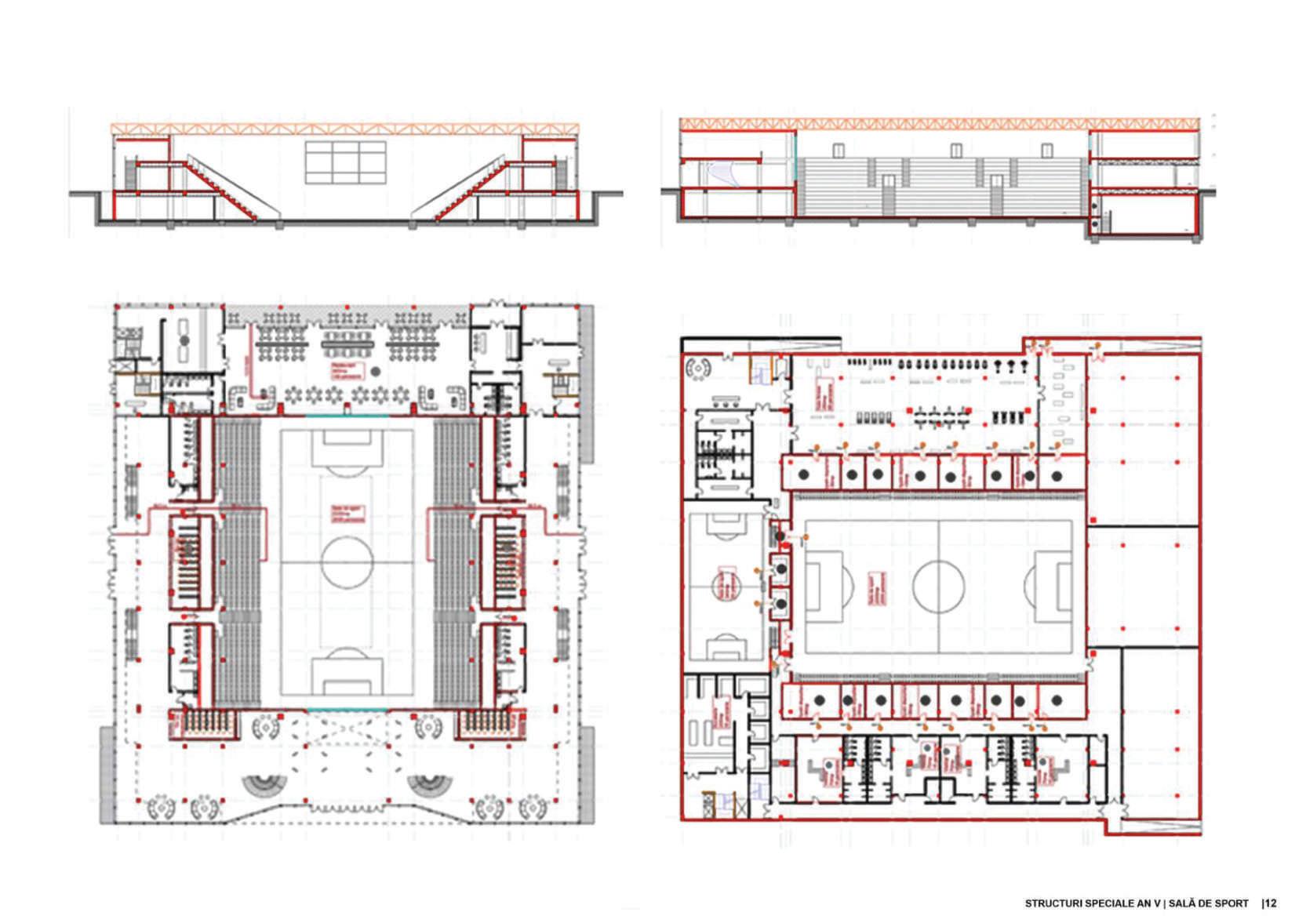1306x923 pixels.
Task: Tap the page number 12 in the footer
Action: tap(1271, 903)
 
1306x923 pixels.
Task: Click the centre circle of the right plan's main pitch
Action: tap(938, 587)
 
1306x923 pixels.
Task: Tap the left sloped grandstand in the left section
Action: tap(231, 188)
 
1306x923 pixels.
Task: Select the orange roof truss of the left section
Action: tap(347, 128)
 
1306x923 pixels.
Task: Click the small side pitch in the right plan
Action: tap(726, 585)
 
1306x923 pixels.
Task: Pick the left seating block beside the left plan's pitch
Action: tap(239, 562)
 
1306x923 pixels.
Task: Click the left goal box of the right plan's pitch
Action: tap(819, 586)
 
